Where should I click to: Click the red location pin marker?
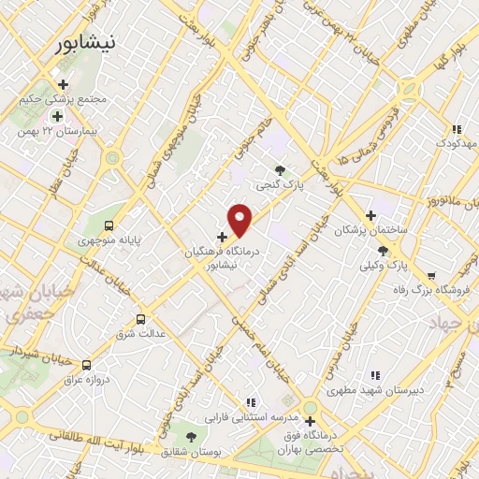click(x=240, y=220)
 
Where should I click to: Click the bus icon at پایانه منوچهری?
click(x=109, y=225)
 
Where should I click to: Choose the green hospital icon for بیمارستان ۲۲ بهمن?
click(x=58, y=117)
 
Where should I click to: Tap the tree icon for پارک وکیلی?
click(x=383, y=250)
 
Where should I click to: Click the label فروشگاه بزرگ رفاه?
click(x=421, y=291)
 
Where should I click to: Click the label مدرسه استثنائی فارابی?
click(x=251, y=414)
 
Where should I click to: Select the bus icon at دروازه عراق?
click(x=87, y=366)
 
